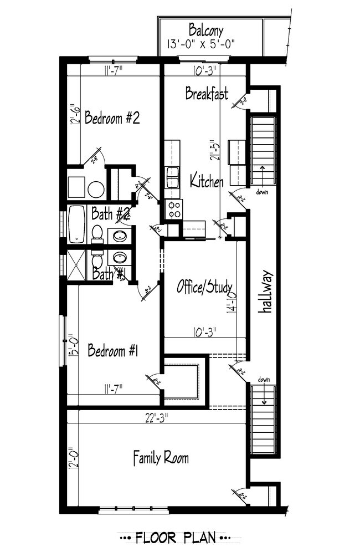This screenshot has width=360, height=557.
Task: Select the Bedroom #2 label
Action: (111, 118)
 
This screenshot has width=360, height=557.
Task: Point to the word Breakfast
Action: (206, 94)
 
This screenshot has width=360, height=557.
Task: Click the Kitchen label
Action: (207, 181)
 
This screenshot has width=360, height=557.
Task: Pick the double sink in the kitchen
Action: (172, 178)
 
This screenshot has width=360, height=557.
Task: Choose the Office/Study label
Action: (199, 287)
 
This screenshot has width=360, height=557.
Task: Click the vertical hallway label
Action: (267, 292)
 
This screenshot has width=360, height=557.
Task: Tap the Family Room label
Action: (161, 458)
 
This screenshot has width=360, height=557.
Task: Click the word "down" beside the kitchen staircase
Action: (263, 192)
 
